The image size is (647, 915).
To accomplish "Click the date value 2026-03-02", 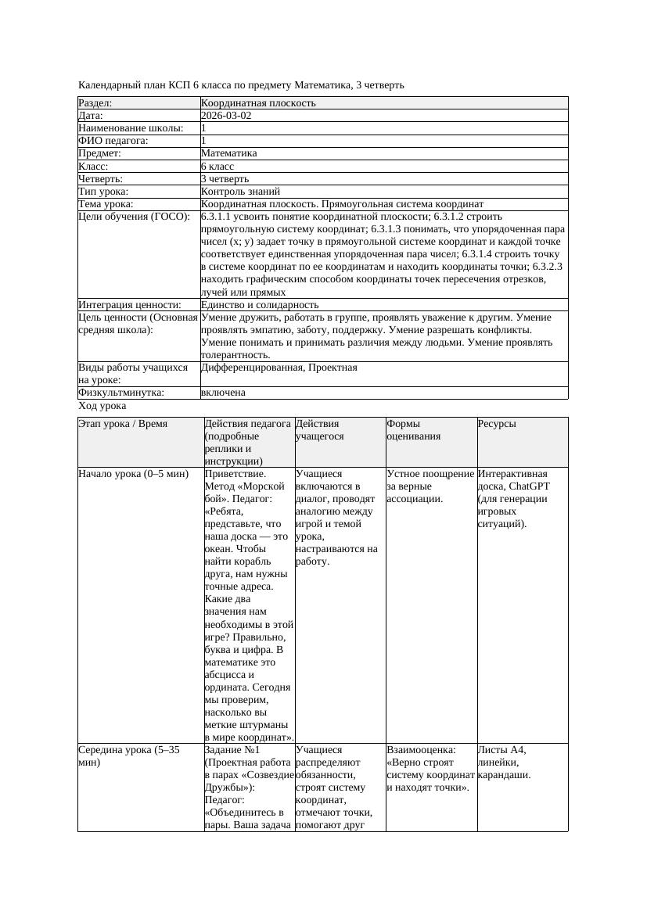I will [226, 116].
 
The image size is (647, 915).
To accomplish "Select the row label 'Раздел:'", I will [95, 103].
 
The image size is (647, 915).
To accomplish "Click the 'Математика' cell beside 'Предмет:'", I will [228, 154].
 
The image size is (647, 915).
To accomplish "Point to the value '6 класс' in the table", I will [217, 167].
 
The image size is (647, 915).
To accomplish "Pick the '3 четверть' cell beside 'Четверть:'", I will [225, 179].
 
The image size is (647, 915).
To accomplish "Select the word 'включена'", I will [223, 393].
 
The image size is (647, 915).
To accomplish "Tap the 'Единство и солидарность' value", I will [260, 305].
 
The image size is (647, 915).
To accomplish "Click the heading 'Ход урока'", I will [102, 407].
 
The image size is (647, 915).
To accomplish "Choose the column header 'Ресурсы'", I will [497, 424].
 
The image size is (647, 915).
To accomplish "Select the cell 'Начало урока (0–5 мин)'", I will [134, 474].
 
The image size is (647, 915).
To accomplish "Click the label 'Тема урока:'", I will [106, 204].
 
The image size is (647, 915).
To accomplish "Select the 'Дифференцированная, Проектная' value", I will [279, 368].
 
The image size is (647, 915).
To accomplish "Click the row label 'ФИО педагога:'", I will [113, 141].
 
